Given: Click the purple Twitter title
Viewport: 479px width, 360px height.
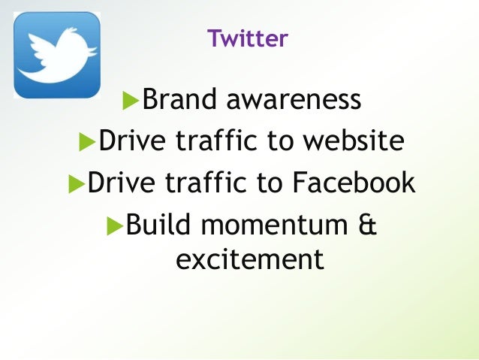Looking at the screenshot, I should (247, 38).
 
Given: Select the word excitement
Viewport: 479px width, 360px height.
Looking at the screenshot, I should (249, 259).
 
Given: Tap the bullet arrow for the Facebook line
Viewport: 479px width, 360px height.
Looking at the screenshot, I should (75, 183).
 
